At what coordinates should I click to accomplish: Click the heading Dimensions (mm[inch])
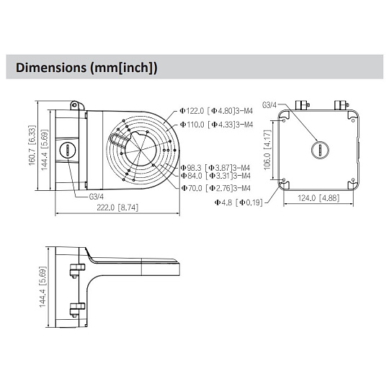click(x=86, y=68)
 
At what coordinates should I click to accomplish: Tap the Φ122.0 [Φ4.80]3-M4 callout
click(x=216, y=111)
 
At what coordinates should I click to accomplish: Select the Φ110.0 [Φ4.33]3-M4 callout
click(x=216, y=125)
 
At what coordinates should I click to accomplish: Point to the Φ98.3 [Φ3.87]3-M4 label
click(x=215, y=168)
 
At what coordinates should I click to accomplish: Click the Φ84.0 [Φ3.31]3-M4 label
click(x=215, y=176)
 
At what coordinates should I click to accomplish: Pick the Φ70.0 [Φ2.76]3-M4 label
click(x=215, y=188)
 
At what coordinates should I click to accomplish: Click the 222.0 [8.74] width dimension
click(x=117, y=207)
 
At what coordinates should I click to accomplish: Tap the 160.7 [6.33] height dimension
click(x=32, y=146)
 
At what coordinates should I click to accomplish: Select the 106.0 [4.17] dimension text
click(x=267, y=150)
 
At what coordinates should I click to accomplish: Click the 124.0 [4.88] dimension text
click(x=318, y=198)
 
